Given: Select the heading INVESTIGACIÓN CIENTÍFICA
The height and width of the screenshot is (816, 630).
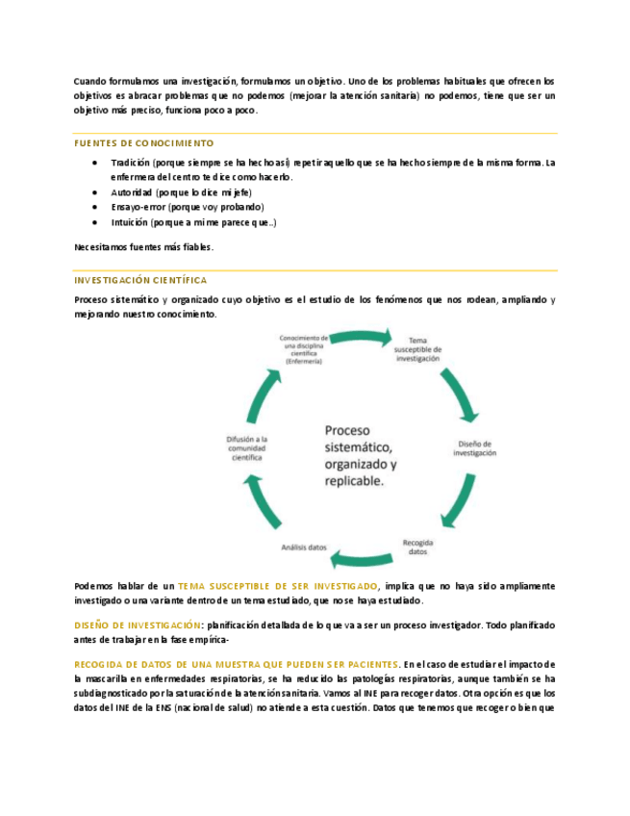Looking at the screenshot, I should click(x=140, y=280).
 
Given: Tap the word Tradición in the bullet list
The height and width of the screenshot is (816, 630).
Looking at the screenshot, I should click(x=132, y=164).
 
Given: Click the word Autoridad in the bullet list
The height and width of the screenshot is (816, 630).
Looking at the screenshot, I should click(x=132, y=192).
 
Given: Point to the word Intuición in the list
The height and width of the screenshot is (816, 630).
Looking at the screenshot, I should click(x=131, y=222).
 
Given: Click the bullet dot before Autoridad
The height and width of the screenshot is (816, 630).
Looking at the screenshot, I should click(x=94, y=192).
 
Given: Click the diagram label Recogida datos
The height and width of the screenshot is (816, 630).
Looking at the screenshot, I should click(x=417, y=547).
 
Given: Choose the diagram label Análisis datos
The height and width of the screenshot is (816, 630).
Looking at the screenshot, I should click(x=303, y=547).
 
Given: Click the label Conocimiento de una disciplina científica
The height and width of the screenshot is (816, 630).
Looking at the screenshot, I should click(x=305, y=349).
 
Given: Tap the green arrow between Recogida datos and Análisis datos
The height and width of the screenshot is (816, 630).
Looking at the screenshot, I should click(x=361, y=556).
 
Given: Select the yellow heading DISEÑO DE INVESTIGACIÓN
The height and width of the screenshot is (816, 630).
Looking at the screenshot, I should click(x=139, y=625).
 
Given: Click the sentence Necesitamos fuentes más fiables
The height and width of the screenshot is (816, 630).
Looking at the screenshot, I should click(x=143, y=247).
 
